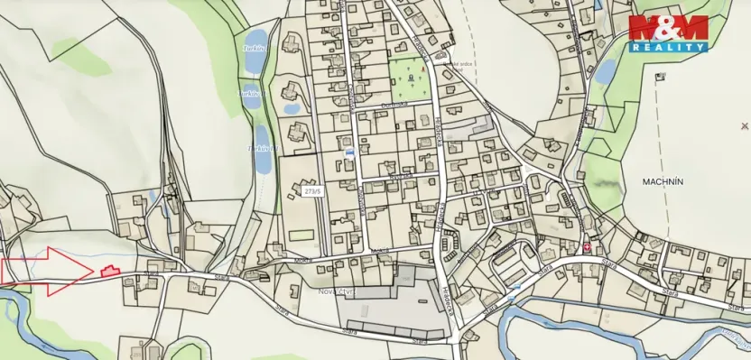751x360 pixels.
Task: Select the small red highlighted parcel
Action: click(x=108, y=269)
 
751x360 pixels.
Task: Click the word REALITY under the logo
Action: click(x=668, y=46)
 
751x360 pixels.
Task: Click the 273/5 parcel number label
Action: click(x=312, y=191)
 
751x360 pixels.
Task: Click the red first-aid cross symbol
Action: click(x=588, y=246)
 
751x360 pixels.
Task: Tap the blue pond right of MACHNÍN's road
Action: click(x=604, y=69)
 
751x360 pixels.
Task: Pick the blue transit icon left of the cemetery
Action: click(x=348, y=154)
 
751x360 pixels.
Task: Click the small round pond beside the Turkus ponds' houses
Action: click(x=291, y=106)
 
